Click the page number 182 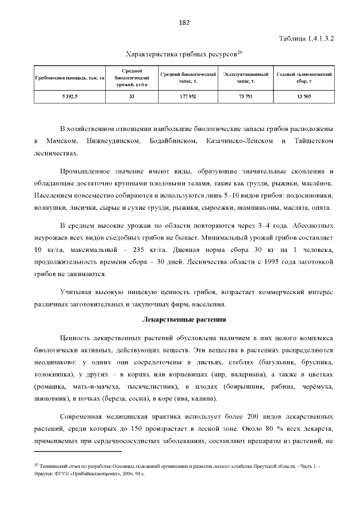[183, 22]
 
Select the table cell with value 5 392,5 [70, 97]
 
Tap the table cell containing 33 [131, 97]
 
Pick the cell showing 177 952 [188, 97]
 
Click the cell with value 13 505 [304, 97]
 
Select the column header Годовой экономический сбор [304, 78]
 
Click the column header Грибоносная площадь [70, 78]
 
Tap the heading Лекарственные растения [183, 319]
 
